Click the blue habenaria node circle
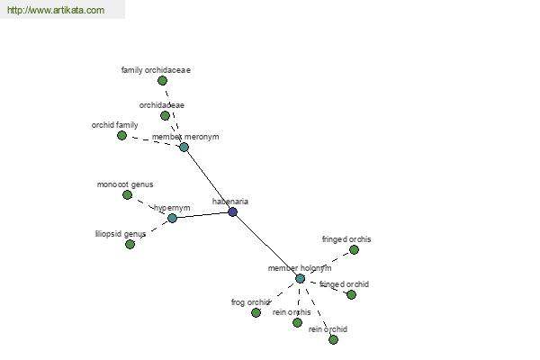click(x=233, y=211)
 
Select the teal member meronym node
click(x=184, y=147)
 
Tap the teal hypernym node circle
click(x=172, y=218)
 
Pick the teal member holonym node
click(x=300, y=278)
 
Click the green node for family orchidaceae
click(x=162, y=81)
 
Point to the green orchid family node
click(x=121, y=135)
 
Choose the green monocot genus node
click(x=127, y=195)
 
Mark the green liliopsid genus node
click(x=130, y=244)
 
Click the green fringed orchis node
click(x=354, y=250)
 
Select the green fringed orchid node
click(x=351, y=294)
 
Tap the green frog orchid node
click(x=256, y=312)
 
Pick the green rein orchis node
click(x=297, y=322)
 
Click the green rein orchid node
click(x=333, y=339)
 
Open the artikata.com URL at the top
click(x=56, y=10)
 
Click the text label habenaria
click(x=230, y=202)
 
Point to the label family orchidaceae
click(x=156, y=70)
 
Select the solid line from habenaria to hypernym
click(x=202, y=215)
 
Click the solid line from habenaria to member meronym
click(x=209, y=179)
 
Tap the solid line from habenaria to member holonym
click(x=266, y=245)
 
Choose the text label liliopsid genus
click(x=121, y=234)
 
